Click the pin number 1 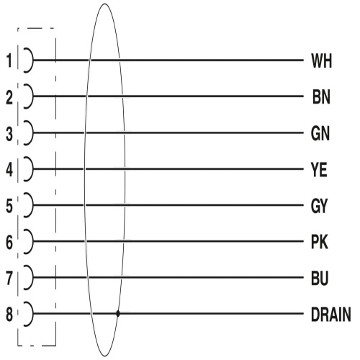tap(9, 60)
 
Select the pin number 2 tap(9, 97)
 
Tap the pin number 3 tap(9, 134)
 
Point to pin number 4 tap(9, 170)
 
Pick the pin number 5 tap(9, 206)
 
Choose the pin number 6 tap(9, 242)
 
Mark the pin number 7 tap(9, 279)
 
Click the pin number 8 tap(9, 315)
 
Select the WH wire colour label tap(321, 61)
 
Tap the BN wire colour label tap(321, 97)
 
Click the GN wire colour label tap(320, 133)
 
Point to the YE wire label tap(319, 170)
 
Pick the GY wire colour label tap(319, 206)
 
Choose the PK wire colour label tap(320, 242)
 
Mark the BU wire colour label tap(320, 279)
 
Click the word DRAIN tap(331, 315)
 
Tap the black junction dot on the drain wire tap(118, 313)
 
